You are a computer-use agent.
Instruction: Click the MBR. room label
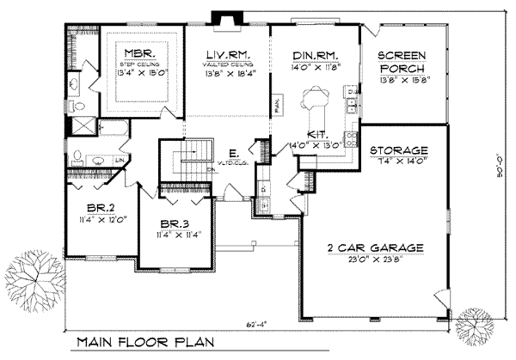tap(140, 52)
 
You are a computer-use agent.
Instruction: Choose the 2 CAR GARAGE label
tap(376, 248)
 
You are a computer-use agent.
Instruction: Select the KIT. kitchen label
tap(316, 135)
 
